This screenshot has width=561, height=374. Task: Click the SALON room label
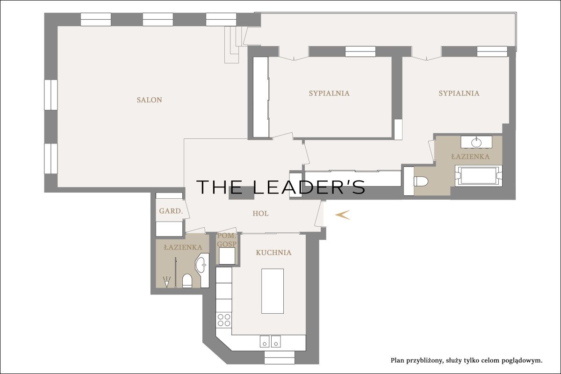150,100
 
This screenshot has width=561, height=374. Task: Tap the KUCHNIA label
273,252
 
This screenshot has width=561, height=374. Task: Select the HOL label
260,214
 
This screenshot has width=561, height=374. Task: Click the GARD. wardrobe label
171,211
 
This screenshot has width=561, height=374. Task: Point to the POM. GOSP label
227,240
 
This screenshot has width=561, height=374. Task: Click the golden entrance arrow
342,215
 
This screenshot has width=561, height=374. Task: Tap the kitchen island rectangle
273,291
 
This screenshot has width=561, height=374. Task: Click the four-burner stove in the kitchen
224,320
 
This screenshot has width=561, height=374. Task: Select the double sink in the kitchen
270,341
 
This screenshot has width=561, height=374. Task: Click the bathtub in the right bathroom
479,176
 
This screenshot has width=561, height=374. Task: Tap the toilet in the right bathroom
421,181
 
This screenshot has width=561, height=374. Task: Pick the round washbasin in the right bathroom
476,143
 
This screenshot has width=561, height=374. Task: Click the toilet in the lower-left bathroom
187,281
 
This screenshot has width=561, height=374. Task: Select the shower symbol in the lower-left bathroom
166,282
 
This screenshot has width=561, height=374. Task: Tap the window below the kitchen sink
280,358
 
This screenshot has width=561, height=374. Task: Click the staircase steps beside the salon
233,44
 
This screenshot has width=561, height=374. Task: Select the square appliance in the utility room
227,256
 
